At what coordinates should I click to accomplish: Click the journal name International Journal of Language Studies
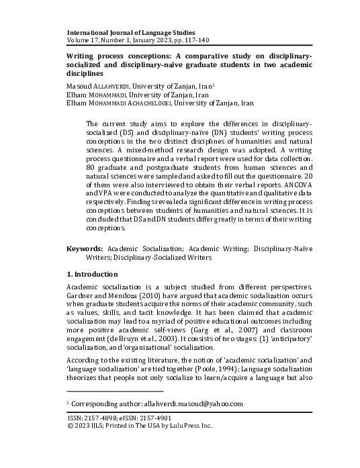click(131, 32)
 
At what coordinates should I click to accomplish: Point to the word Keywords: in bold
click(85, 248)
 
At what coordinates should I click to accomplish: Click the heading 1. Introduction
click(93, 275)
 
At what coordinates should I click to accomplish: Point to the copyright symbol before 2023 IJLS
click(71, 426)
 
